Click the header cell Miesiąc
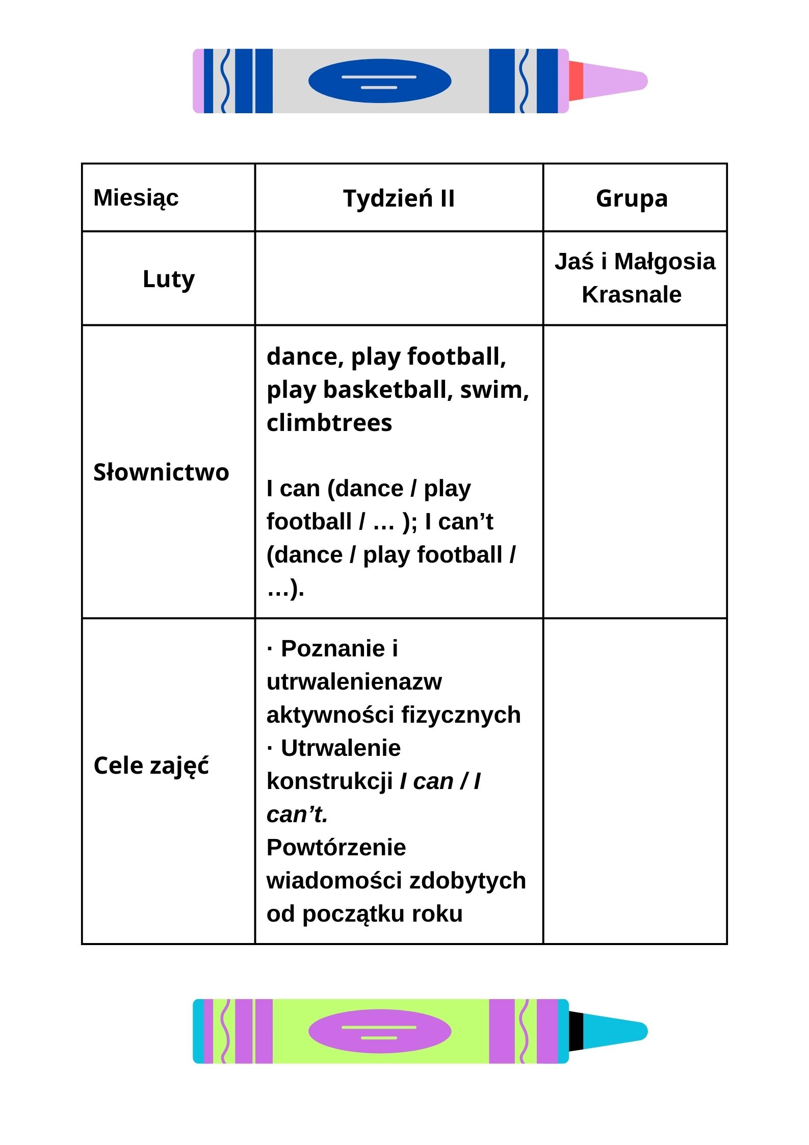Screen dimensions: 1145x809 (136, 198)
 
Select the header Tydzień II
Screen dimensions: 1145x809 (399, 198)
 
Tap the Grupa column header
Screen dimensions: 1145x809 (632, 198)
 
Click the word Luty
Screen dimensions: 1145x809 (168, 279)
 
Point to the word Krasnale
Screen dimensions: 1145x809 (632, 295)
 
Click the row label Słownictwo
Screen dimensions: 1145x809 (161, 472)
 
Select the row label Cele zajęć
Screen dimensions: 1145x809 (151, 766)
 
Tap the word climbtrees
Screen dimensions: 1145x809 (329, 423)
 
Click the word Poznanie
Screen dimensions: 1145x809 (333, 649)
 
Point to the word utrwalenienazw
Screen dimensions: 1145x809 (354, 682)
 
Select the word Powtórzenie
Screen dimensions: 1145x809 (336, 848)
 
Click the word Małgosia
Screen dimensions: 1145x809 (665, 262)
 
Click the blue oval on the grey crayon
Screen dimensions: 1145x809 (380, 81)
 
